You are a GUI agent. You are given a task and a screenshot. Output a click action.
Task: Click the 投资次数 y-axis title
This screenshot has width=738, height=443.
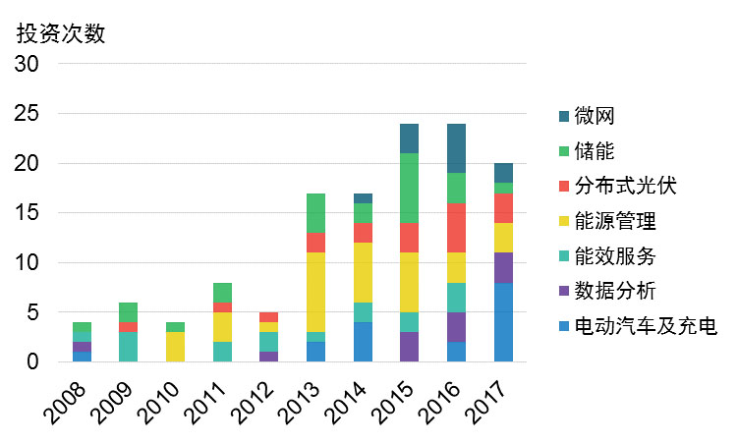point(61,32)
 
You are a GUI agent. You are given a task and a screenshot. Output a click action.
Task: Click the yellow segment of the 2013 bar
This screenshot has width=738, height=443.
point(316,293)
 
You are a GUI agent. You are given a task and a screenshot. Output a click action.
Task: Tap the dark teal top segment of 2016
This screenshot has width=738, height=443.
point(456,148)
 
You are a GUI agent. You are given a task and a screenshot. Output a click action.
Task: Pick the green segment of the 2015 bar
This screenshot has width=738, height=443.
point(410,189)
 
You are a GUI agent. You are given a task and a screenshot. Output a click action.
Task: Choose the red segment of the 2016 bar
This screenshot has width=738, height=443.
point(456,228)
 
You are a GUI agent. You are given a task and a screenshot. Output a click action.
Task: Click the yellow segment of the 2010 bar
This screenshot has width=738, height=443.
point(176,348)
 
